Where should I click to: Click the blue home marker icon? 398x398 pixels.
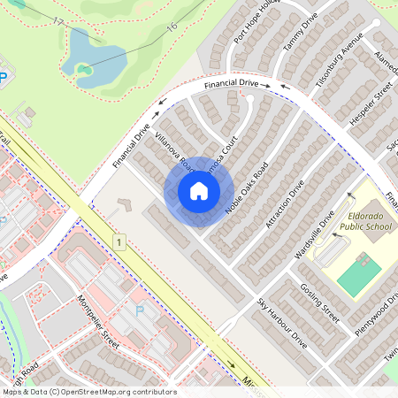[x=199, y=191]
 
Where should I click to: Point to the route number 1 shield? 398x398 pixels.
[x=118, y=241]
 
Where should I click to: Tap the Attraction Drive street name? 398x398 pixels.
[x=284, y=204]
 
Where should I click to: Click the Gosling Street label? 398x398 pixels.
[x=319, y=301]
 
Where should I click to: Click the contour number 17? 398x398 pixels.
[x=58, y=20]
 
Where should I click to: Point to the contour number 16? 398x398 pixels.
[x=172, y=27]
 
